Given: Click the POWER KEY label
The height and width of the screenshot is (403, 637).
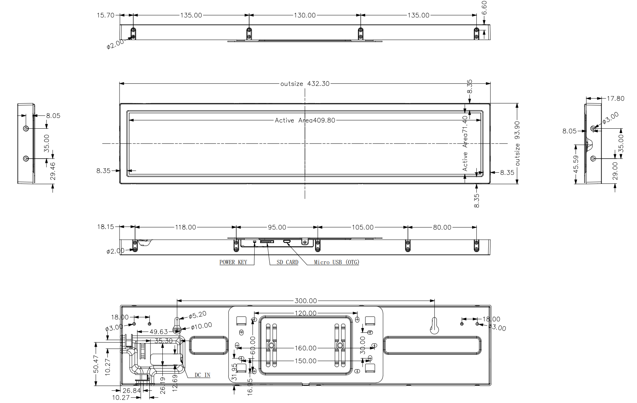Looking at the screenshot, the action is tap(233, 262).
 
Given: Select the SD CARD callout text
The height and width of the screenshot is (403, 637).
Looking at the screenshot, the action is tap(287, 262).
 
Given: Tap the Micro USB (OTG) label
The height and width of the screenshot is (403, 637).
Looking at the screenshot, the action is tap(336, 262).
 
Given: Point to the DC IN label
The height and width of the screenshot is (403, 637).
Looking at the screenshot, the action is tap(202, 375).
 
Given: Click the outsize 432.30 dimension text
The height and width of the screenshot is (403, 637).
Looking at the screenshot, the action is tap(305, 84).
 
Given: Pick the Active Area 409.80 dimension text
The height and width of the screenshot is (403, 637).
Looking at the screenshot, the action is tap(305, 120).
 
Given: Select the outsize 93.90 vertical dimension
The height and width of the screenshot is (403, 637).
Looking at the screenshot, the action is tap(517, 143).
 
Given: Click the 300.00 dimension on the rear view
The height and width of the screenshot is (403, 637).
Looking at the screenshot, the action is tap(306, 301).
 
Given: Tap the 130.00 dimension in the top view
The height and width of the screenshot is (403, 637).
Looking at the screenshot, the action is tap(305, 15).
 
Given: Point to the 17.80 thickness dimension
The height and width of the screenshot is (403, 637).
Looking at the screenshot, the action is tap(615, 98).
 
